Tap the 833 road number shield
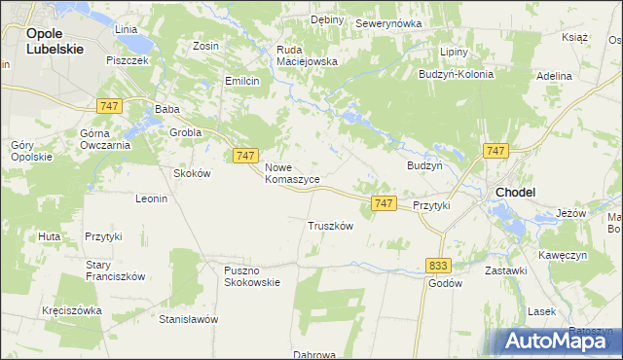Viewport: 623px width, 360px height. click(x=438, y=265)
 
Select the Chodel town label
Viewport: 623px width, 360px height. click(x=515, y=193)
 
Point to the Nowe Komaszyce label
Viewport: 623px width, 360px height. click(x=292, y=173)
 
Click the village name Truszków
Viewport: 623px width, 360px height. click(x=330, y=225)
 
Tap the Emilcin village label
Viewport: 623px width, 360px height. click(x=242, y=81)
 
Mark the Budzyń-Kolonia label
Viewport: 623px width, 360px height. click(x=456, y=74)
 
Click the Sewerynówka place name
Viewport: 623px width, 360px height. click(x=387, y=22)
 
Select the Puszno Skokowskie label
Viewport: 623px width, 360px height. click(x=251, y=276)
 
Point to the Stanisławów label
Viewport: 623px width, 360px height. click(x=189, y=319)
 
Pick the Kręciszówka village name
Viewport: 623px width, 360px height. click(x=72, y=310)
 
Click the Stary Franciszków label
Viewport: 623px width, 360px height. click(x=115, y=270)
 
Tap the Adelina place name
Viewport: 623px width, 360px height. click(x=554, y=75)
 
